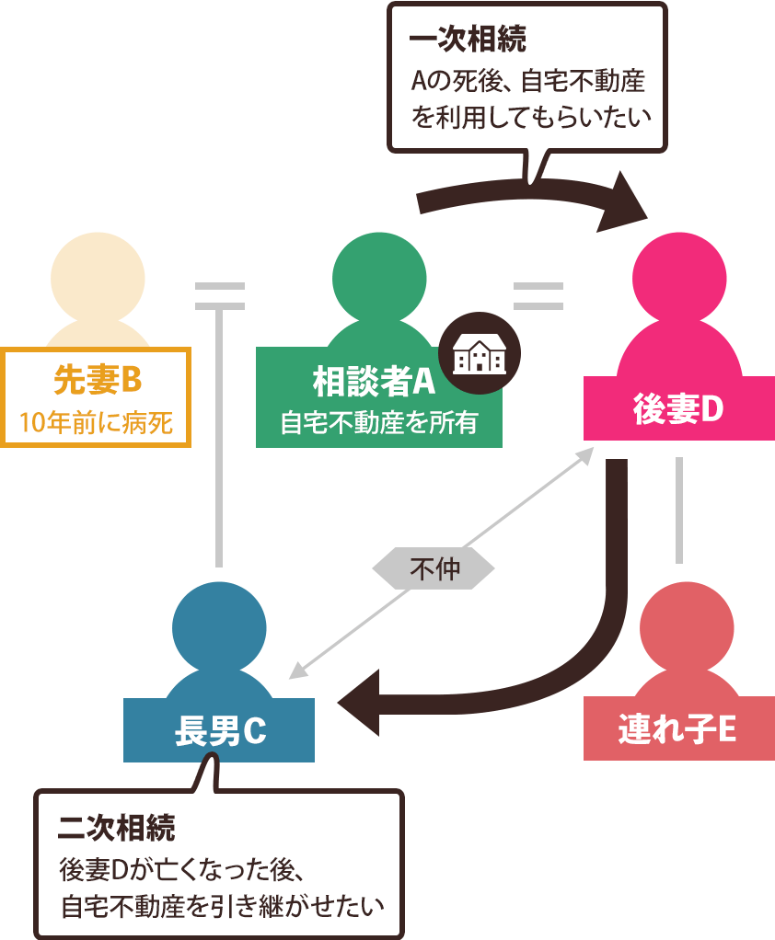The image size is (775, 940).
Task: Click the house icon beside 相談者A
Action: point(479,354)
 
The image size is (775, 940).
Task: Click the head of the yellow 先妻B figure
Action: point(97,278)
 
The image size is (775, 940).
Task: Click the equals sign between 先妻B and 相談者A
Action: point(220,295)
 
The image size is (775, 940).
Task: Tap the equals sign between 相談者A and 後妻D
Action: point(538,295)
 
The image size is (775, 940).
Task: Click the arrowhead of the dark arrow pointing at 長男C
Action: point(361,704)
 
